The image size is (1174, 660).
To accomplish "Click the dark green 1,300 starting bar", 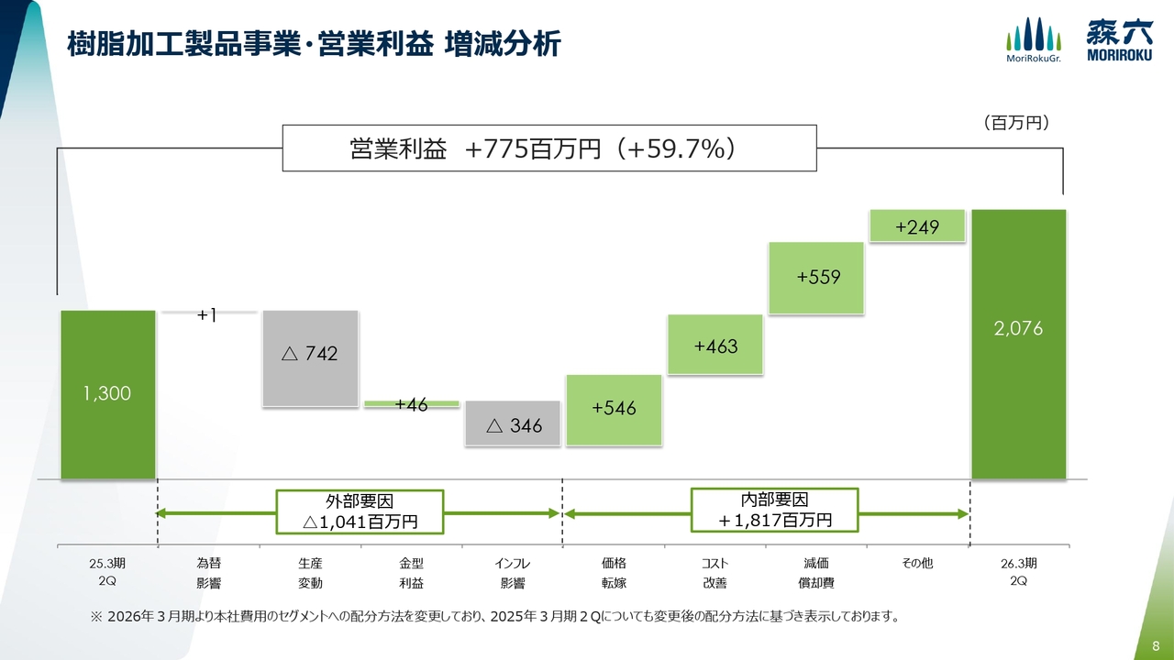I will click(x=108, y=394).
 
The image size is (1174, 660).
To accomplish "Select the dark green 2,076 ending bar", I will click(x=1018, y=344).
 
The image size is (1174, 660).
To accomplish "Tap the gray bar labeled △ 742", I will click(x=310, y=357).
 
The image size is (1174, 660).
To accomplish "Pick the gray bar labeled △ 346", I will click(x=513, y=423).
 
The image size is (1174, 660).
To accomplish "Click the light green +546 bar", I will click(x=614, y=410).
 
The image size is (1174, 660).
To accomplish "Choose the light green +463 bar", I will click(x=715, y=345).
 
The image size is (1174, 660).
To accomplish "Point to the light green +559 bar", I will click(x=816, y=279).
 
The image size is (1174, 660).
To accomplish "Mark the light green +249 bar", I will click(x=917, y=225).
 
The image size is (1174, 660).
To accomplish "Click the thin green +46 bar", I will click(x=411, y=403).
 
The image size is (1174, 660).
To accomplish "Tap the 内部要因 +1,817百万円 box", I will click(x=775, y=510).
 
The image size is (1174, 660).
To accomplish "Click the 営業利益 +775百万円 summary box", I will click(x=548, y=148).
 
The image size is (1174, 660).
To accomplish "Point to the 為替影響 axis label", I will click(x=208, y=572).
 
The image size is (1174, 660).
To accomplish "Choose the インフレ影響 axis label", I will click(x=512, y=572).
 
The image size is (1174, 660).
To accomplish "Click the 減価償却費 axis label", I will click(x=816, y=572).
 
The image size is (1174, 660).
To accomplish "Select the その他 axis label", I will click(x=917, y=563).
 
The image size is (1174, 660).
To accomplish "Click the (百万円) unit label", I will click(x=1015, y=122).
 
